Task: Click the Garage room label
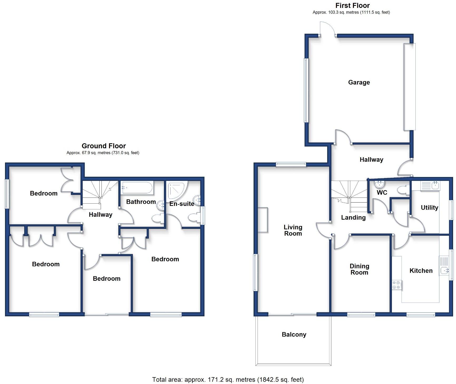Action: click(359, 82)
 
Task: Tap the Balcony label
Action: click(294, 334)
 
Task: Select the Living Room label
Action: click(293, 230)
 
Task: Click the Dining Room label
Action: click(359, 269)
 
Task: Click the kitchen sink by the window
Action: click(444, 270)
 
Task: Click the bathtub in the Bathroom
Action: click(137, 188)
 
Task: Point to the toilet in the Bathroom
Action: click(157, 218)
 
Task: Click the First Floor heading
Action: click(352, 6)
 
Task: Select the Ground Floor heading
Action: click(104, 146)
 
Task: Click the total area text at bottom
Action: click(228, 380)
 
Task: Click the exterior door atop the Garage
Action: click(328, 29)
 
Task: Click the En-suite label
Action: click(182, 204)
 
